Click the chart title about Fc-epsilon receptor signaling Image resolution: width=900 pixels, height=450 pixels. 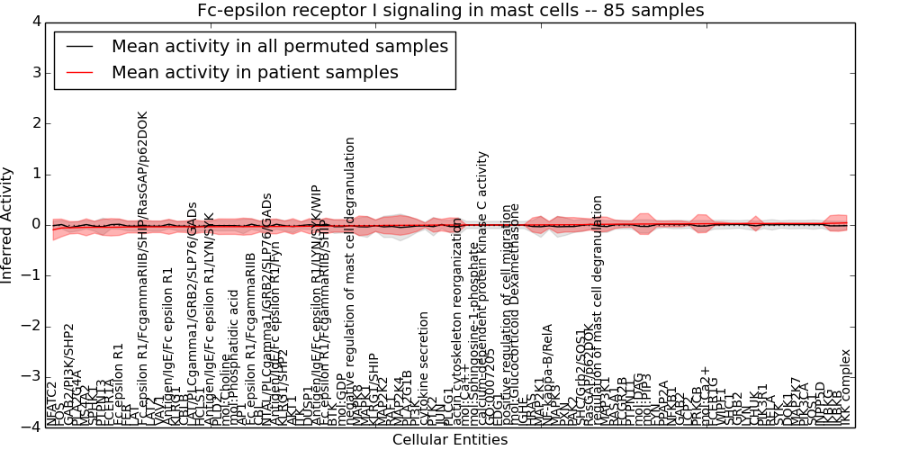point(450,10)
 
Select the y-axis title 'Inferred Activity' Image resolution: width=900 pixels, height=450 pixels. point(8,224)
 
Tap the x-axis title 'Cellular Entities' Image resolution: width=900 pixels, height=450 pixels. point(450,440)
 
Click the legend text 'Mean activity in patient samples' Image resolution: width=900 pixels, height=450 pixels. point(255,73)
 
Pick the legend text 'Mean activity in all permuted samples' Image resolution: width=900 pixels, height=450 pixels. point(280,46)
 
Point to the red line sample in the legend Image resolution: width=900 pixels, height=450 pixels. point(77,73)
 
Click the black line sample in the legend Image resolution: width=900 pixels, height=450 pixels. point(77,46)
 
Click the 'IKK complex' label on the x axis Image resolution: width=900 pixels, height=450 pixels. point(845,388)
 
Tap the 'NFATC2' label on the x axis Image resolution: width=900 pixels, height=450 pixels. point(52,404)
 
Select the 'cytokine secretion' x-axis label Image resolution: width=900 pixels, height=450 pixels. point(425,369)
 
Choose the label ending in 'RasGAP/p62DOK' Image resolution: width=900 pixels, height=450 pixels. point(144,270)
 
